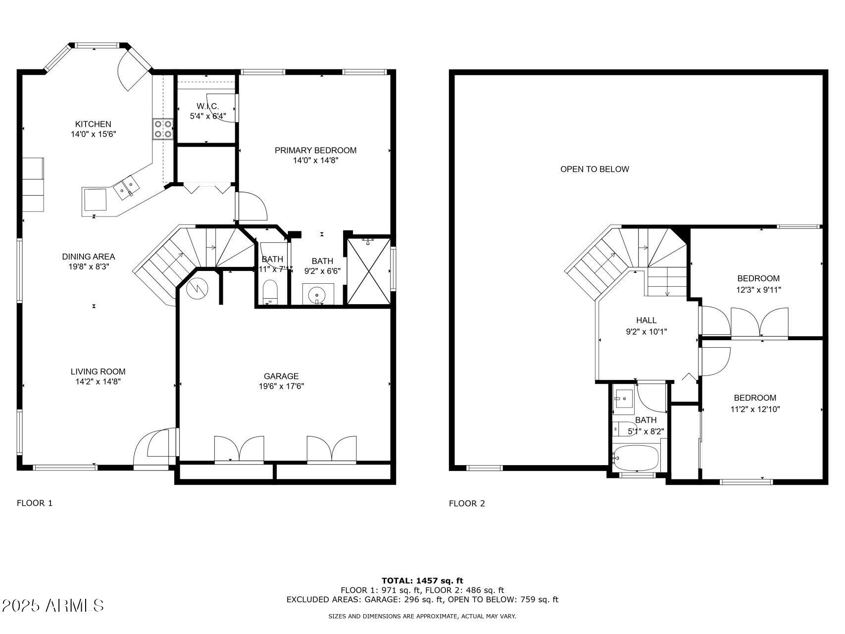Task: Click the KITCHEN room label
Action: pyautogui.click(x=93, y=124)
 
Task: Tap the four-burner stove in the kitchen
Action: pyautogui.click(x=162, y=129)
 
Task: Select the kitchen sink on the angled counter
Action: pyautogui.click(x=127, y=188)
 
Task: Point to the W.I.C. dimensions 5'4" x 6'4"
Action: pyautogui.click(x=208, y=116)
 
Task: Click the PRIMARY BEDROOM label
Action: pyautogui.click(x=315, y=150)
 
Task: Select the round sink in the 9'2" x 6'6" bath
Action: pyautogui.click(x=317, y=296)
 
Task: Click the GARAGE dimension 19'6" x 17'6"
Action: pyautogui.click(x=281, y=386)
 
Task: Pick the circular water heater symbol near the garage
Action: pyautogui.click(x=197, y=289)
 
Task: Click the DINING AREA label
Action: pyautogui.click(x=88, y=257)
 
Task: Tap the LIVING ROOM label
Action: pyautogui.click(x=98, y=371)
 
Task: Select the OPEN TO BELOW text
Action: pyautogui.click(x=595, y=169)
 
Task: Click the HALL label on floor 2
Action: pyautogui.click(x=646, y=320)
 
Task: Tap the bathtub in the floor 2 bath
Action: pyautogui.click(x=637, y=459)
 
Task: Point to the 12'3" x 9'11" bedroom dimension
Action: pyautogui.click(x=758, y=290)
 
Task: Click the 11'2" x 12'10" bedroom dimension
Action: pyautogui.click(x=755, y=409)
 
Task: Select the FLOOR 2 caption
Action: pyautogui.click(x=467, y=503)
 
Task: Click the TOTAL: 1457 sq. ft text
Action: pyautogui.click(x=422, y=581)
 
